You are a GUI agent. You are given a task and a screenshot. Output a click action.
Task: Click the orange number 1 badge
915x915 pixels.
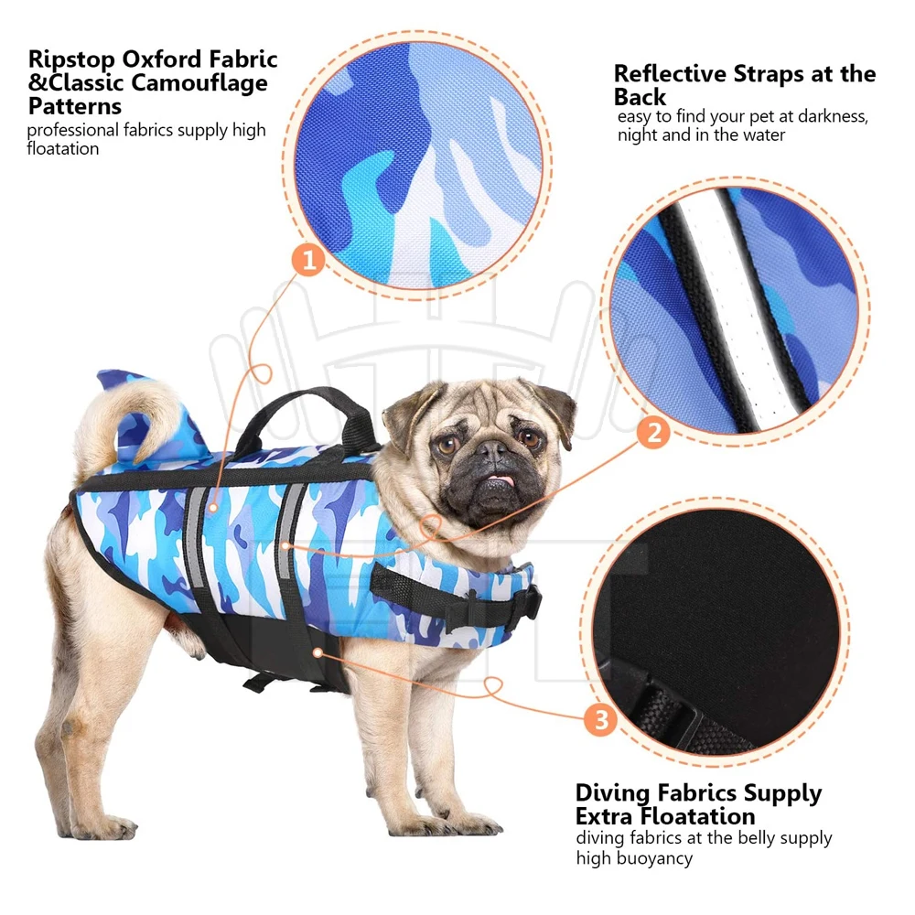(x=308, y=261)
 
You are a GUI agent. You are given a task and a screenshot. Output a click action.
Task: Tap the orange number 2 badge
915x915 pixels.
(x=652, y=431)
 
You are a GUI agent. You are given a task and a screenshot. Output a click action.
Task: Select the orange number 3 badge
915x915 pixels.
(x=600, y=721)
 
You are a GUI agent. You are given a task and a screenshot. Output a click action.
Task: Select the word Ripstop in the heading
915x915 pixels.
(x=74, y=59)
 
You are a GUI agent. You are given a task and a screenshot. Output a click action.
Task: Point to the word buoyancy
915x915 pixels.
(x=652, y=858)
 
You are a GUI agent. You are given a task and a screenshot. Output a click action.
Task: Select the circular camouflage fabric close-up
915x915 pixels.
(x=412, y=160)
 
